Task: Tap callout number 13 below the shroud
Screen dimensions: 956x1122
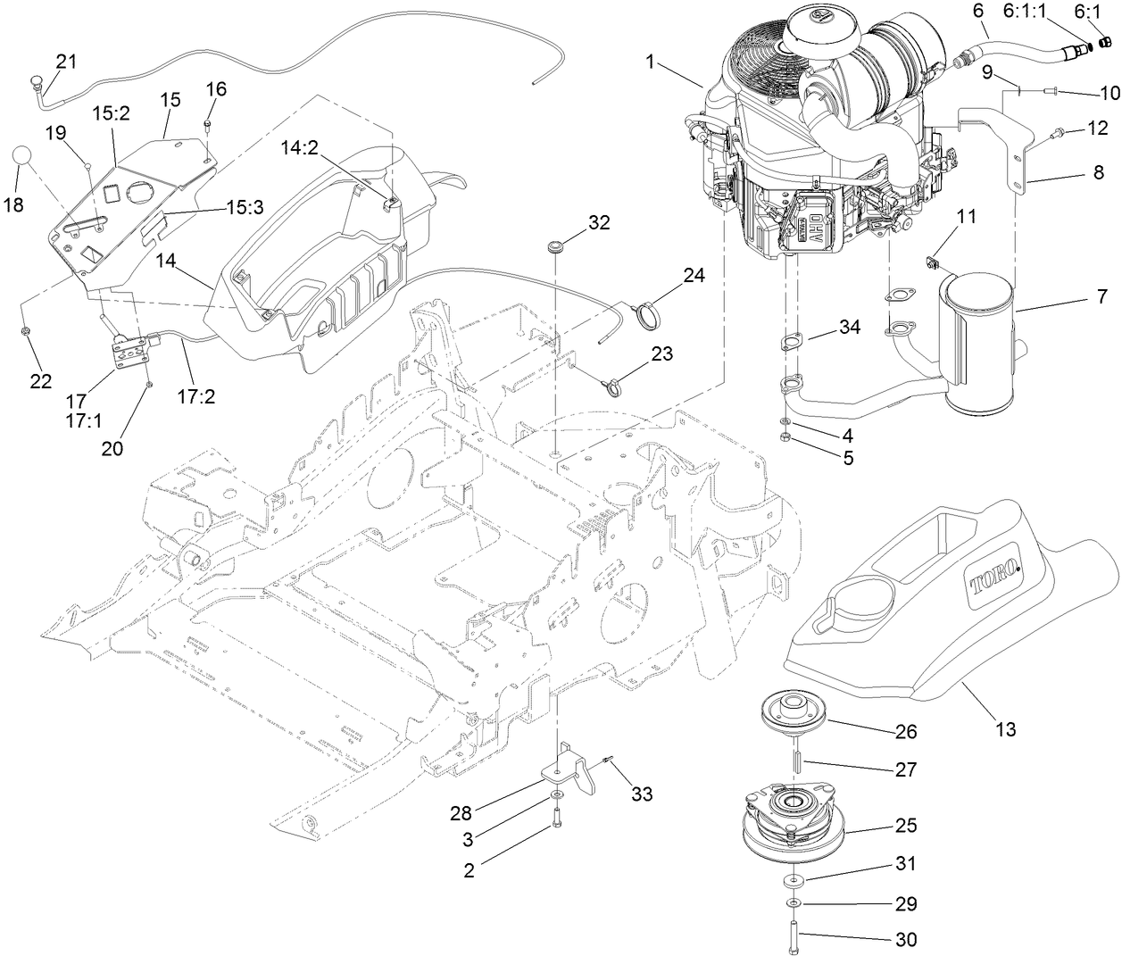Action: coord(1005,729)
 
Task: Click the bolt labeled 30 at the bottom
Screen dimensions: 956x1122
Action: coord(793,940)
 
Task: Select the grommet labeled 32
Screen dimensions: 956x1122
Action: coord(557,245)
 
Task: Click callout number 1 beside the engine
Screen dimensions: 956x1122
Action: coord(651,62)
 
